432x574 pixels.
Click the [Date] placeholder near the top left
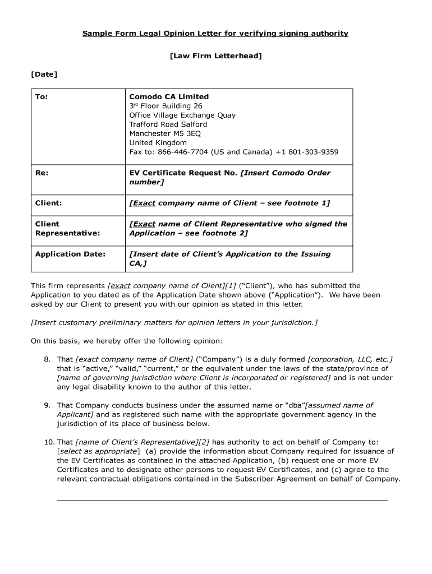pyautogui.click(x=44, y=74)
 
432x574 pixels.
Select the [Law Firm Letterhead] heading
pyautogui.click(x=216, y=56)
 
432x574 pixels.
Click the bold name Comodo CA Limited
pyautogui.click(x=169, y=96)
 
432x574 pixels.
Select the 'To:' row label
pyautogui.click(x=42, y=96)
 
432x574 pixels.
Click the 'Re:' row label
pyautogui.click(x=42, y=173)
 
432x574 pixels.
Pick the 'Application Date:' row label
pyautogui.click(x=70, y=254)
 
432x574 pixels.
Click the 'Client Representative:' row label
pyautogui.click(x=67, y=228)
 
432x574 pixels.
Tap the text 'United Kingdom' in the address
pyautogui.click(x=158, y=143)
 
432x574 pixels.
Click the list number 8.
pyautogui.click(x=48, y=359)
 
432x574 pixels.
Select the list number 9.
pyautogui.click(x=48, y=405)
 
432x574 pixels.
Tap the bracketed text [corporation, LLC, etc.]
pyautogui.click(x=350, y=359)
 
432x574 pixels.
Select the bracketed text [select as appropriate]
pyautogui.click(x=98, y=451)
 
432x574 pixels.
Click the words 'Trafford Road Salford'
pyautogui.click(x=168, y=124)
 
